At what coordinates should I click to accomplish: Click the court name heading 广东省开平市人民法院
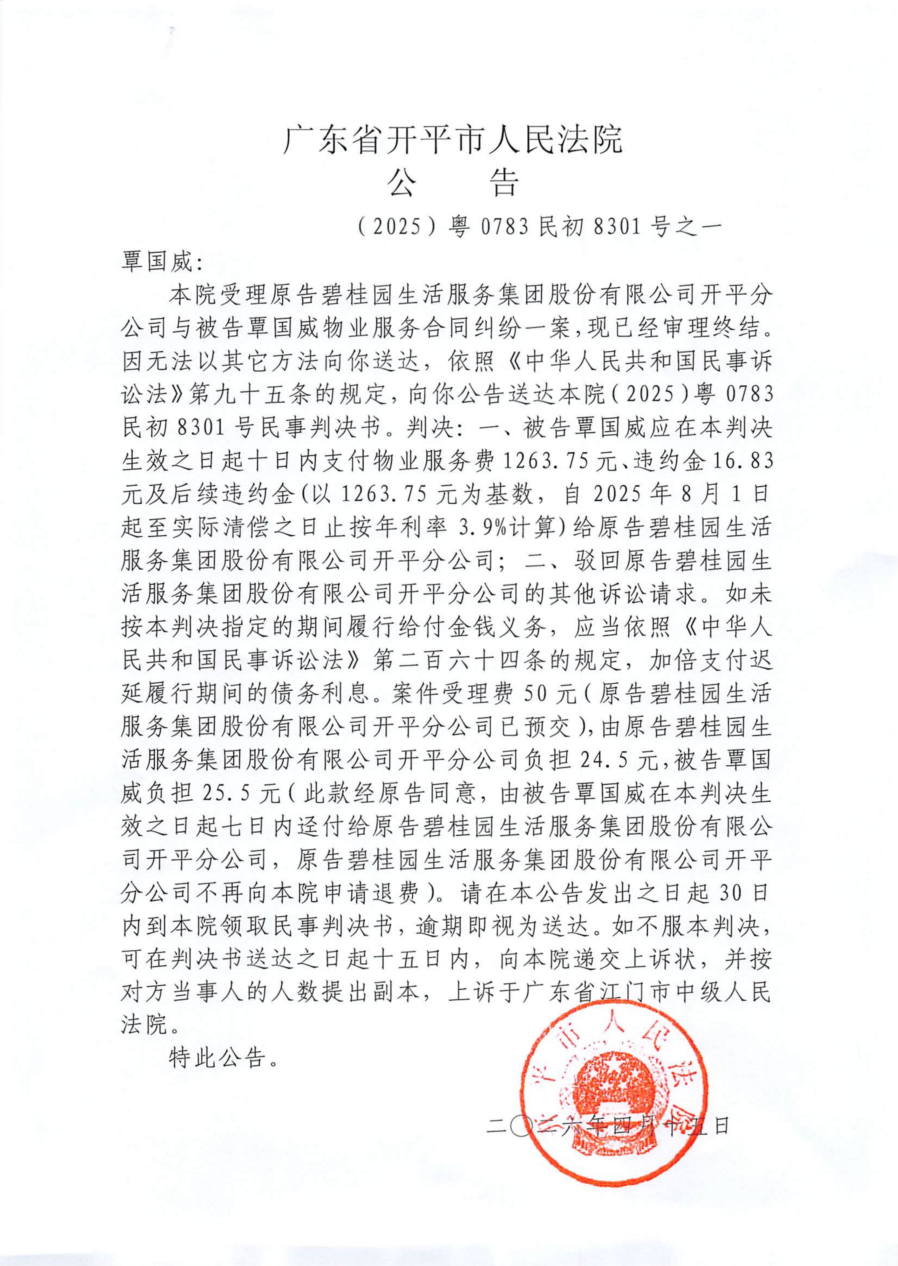452,139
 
